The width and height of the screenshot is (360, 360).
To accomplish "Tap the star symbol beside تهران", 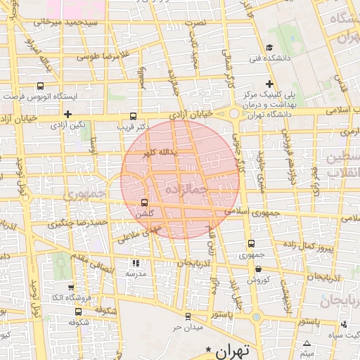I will pos(208,349).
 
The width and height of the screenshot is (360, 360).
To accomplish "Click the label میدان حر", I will pos(188,328).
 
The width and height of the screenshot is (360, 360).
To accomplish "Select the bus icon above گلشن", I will pos(145,202).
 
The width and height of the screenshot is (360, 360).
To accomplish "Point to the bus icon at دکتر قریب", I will pos(134,116).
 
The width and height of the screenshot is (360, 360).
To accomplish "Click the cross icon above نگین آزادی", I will pos(67,114).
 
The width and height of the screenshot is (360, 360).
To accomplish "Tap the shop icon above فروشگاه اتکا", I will pos(71,287).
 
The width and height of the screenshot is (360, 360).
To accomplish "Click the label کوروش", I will pos(259,279).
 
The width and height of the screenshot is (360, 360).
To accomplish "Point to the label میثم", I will pos(307,354).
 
